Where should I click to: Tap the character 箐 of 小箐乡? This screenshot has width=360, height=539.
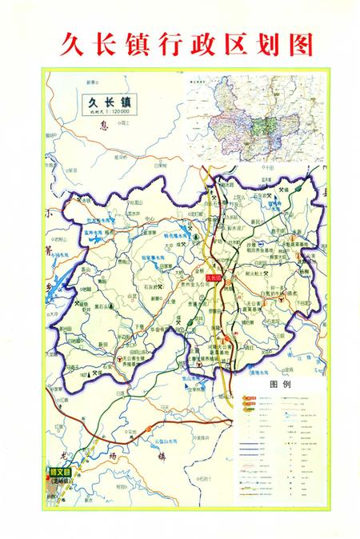pos(50,250)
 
